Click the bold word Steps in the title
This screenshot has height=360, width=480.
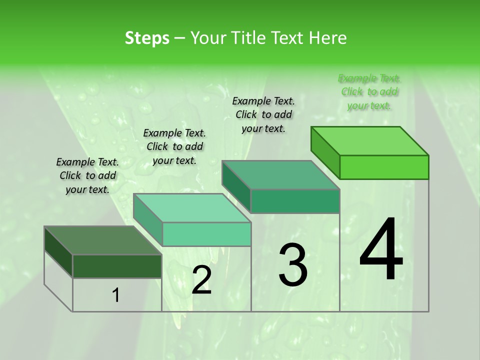[147, 38]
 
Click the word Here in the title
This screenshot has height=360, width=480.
[327, 38]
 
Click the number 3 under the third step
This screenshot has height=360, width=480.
[293, 264]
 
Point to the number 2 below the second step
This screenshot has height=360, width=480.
[201, 279]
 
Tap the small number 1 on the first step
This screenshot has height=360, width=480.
[115, 295]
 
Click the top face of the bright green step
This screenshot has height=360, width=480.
[370, 141]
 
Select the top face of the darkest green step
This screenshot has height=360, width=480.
[103, 240]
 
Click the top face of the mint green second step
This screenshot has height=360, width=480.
[192, 208]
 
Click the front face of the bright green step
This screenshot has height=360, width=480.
[384, 167]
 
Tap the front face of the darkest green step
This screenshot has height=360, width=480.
[117, 266]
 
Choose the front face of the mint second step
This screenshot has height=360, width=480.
[206, 234]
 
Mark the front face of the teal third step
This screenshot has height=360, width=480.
[295, 201]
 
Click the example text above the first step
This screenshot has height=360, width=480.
[87, 175]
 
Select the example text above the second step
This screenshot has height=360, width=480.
[174, 146]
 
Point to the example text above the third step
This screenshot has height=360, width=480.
[263, 114]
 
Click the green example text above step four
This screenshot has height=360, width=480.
[369, 91]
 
